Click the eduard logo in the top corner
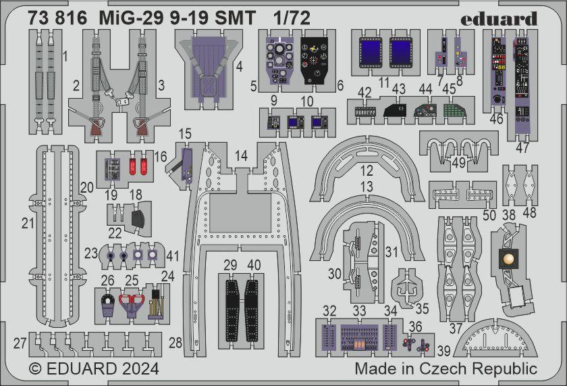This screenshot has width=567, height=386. [499, 18]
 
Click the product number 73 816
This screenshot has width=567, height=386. [58, 19]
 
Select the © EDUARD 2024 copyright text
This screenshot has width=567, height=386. [94, 369]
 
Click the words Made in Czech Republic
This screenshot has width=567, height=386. [446, 369]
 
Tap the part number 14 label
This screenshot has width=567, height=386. [241, 156]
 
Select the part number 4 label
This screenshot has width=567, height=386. [239, 66]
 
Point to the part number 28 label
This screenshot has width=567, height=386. [175, 343]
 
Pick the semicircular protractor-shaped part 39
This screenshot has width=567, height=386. [491, 343]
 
